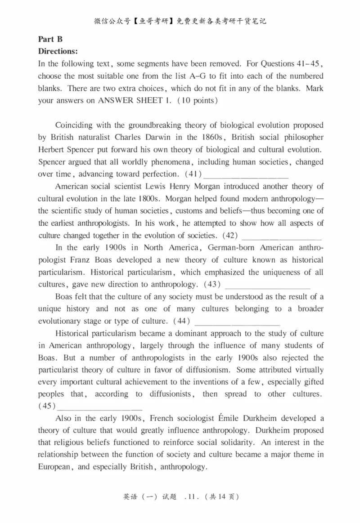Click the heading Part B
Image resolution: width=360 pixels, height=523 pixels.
50,40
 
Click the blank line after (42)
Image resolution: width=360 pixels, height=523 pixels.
282,236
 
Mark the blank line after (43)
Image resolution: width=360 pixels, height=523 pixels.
267,285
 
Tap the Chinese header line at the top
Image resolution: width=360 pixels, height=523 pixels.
180,21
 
